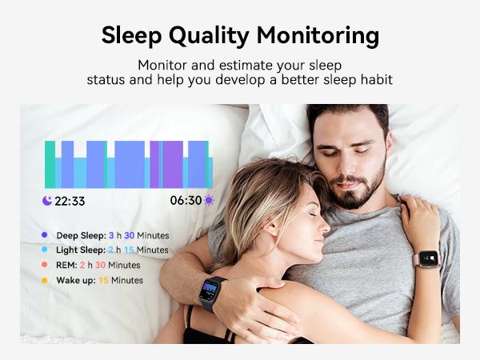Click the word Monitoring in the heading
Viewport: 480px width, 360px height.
pyautogui.click(x=318, y=35)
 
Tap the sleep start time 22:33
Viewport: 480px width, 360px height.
pyautogui.click(x=70, y=201)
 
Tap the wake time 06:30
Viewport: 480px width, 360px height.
pyautogui.click(x=186, y=201)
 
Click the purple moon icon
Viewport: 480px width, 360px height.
pyautogui.click(x=47, y=201)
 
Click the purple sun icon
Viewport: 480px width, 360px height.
pyautogui.click(x=209, y=200)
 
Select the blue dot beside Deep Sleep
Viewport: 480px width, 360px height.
pyautogui.click(x=44, y=234)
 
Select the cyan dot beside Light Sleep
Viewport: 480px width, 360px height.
pyautogui.click(x=44, y=250)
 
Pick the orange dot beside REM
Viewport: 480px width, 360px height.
pyautogui.click(x=44, y=265)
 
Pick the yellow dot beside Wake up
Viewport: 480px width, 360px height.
pyautogui.click(x=44, y=280)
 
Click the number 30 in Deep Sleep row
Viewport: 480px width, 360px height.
pyautogui.click(x=129, y=235)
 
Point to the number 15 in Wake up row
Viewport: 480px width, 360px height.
pyautogui.click(x=103, y=280)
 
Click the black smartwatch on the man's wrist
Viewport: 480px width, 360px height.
pyautogui.click(x=211, y=293)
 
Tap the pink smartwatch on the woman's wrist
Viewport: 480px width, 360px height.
pyautogui.click(x=428, y=258)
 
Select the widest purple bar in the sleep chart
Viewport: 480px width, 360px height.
pyautogui.click(x=173, y=164)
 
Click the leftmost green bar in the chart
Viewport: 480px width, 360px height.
pyautogui.click(x=50, y=164)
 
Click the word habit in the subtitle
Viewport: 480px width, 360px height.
pyautogui.click(x=377, y=79)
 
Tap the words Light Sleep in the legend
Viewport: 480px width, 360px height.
pyautogui.click(x=81, y=250)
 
